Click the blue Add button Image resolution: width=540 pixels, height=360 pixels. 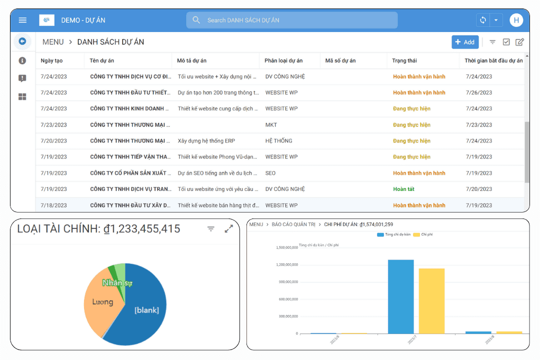465,42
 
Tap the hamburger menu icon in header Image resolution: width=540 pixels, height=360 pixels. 22,20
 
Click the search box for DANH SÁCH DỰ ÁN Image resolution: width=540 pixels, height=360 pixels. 292,20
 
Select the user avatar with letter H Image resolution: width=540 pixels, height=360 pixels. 516,20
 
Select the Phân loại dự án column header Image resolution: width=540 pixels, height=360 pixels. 283,60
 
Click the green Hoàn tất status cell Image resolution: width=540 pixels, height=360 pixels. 403,189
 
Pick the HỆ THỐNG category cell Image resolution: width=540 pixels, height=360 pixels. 278,141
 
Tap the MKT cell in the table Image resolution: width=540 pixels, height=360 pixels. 271,125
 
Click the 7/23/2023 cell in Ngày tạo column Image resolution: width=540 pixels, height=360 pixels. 53,125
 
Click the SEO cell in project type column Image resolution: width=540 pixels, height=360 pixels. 270,173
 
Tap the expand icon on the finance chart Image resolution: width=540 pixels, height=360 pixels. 229,228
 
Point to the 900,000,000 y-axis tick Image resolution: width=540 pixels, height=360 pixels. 287,282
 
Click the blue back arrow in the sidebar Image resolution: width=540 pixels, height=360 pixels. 22,41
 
